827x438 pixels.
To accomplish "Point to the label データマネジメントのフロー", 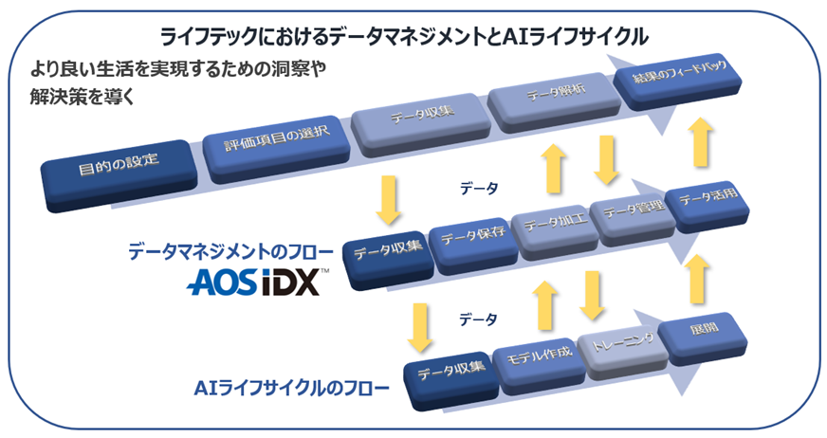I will pyautogui.click(x=230, y=252).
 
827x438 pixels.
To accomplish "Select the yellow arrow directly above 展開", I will pyautogui.click(x=697, y=278).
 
